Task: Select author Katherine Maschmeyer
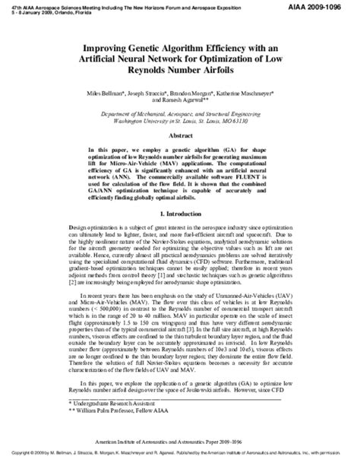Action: point(245,92)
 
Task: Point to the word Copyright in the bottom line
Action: point(29,459)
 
